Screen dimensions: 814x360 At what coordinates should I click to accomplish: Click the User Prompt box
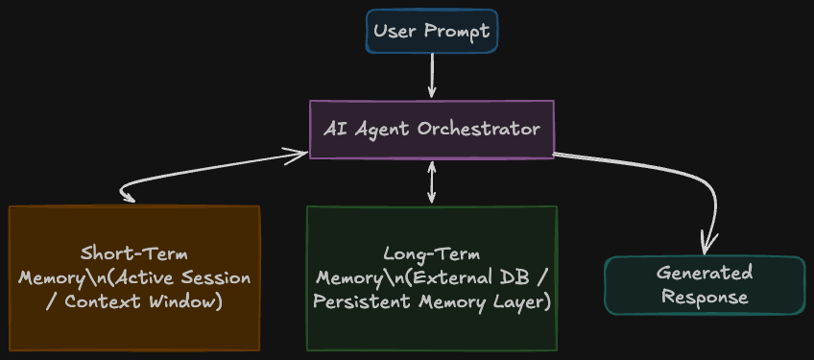[x=431, y=31]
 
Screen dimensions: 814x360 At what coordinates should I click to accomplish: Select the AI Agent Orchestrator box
[x=431, y=130]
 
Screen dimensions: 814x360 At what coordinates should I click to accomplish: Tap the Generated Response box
[x=705, y=285]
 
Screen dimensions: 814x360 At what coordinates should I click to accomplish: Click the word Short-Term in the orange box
[x=134, y=254]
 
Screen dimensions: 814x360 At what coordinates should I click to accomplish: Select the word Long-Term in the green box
[x=431, y=254]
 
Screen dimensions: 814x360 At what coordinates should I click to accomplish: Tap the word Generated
[x=705, y=274]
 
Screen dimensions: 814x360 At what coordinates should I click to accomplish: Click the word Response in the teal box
[x=705, y=298]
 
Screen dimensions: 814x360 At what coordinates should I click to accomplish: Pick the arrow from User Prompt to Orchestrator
[x=431, y=75]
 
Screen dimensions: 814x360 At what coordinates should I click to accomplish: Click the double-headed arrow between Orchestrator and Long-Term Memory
[x=431, y=181]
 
